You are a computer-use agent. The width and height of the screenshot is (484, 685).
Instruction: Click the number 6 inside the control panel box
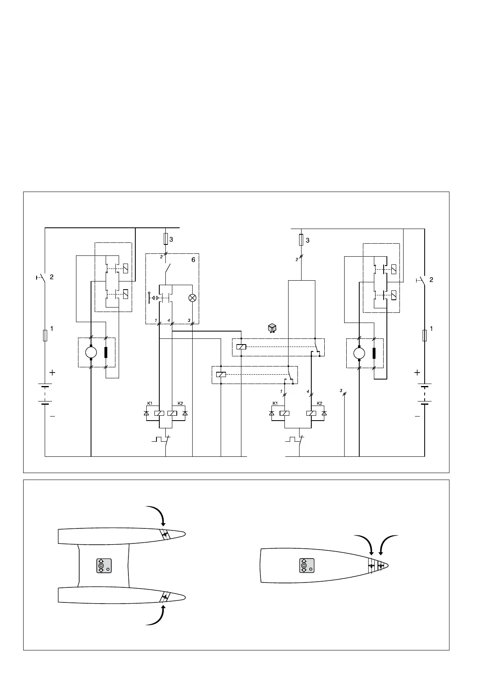pos(194,260)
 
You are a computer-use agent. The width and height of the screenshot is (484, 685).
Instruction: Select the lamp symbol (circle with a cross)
pos(193,298)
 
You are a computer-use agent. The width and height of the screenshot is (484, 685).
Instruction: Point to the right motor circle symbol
pos(359,353)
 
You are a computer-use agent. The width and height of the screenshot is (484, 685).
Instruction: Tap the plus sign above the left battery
pos(52,372)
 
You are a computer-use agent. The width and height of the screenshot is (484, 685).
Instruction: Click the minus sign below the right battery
pos(417,417)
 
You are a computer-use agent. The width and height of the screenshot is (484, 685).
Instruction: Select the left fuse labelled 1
pos(45,336)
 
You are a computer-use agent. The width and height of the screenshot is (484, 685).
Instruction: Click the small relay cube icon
pos(272,328)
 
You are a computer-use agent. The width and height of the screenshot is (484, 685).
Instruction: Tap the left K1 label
pos(150,403)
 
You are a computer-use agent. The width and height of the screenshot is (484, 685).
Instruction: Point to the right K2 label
pos(319,403)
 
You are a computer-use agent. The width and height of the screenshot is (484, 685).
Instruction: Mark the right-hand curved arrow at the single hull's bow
pos(388,543)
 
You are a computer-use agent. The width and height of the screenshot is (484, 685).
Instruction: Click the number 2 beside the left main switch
pos(52,277)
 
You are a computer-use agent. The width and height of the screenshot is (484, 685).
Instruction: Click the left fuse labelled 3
pos(165,239)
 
